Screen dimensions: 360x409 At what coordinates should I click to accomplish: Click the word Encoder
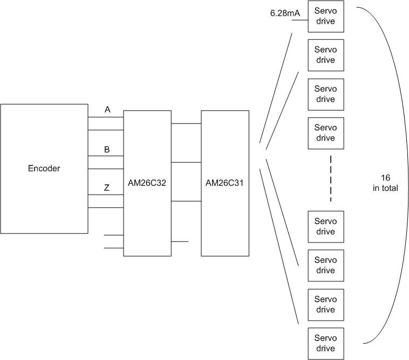(44, 169)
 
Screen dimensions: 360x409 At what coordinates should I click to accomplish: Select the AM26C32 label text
(147, 183)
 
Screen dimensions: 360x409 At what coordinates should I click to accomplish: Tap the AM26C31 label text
(224, 183)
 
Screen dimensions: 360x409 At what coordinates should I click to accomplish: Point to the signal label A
(107, 110)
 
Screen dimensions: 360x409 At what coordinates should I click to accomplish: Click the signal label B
(107, 149)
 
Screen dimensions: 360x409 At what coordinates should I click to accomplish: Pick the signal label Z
(107, 188)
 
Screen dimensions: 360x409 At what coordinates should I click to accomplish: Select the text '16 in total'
(385, 183)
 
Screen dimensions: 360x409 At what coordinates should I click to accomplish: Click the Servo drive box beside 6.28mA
(325, 16)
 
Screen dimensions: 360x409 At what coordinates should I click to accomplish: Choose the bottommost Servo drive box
(325, 343)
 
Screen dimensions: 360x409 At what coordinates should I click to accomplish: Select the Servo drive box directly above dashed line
(325, 133)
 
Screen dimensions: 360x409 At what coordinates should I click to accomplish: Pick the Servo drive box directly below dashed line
(325, 226)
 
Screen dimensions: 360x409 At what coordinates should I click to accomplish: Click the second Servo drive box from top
(325, 55)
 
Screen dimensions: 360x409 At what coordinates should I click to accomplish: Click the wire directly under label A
(106, 117)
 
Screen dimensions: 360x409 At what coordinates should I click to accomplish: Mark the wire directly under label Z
(106, 195)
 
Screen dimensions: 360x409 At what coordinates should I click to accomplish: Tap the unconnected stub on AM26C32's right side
(180, 241)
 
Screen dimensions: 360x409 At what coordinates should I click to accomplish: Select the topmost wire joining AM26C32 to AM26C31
(186, 123)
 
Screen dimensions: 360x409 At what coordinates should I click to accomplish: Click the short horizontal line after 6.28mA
(299, 22)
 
